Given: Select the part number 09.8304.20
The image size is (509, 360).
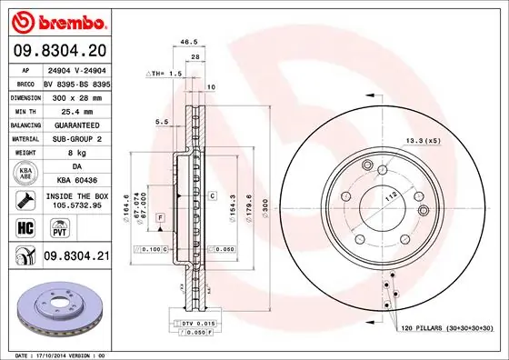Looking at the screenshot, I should point(57,51).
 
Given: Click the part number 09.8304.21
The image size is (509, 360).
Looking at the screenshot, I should point(75,257).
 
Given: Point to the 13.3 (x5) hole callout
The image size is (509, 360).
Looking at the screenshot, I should point(423,140).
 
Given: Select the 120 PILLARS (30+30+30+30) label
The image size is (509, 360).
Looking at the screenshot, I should point(445,325).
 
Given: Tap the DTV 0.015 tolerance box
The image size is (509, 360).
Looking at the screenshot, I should point(195,324).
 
